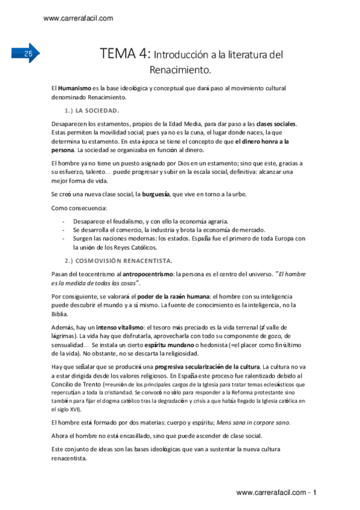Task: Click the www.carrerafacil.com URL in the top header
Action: tap(79, 18)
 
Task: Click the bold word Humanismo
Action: tap(75, 88)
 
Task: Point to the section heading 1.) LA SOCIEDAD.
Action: tap(92, 111)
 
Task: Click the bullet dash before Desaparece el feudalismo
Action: tap(64, 221)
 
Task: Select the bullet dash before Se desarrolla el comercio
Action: tap(64, 230)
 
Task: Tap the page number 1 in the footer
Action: tap(314, 493)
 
